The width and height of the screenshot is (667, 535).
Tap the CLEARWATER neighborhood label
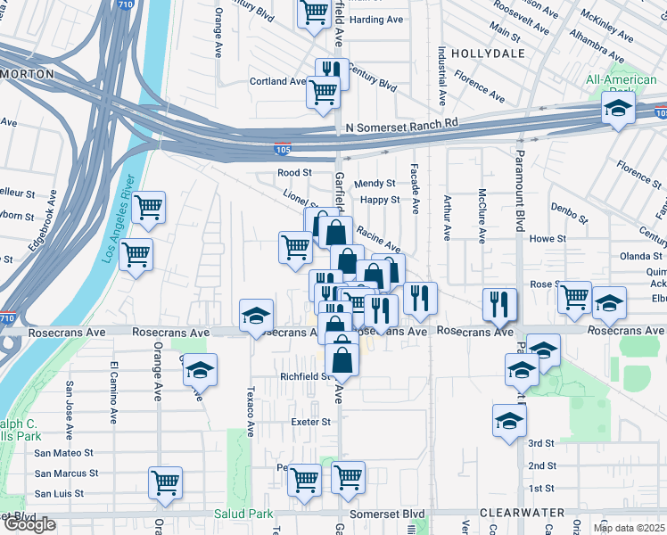click(x=522, y=513)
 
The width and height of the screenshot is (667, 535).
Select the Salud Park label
click(x=243, y=514)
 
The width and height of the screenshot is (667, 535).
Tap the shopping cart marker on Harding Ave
click(x=314, y=13)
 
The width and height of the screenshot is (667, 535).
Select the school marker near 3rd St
click(x=509, y=420)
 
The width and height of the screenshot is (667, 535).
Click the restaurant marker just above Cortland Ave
click(x=331, y=70)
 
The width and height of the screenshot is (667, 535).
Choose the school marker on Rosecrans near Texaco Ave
click(x=255, y=315)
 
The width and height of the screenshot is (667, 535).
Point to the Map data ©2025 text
click(x=629, y=528)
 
